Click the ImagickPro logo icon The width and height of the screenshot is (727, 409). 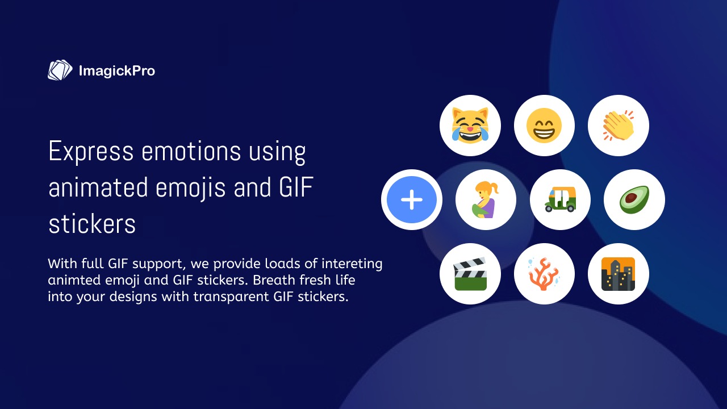pyautogui.click(x=60, y=70)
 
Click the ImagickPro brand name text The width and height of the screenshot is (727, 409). pyautogui.click(x=117, y=71)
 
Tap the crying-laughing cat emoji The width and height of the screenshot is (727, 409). pyautogui.click(x=470, y=126)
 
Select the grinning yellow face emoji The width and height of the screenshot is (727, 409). pyautogui.click(x=544, y=126)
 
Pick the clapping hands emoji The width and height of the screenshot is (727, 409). pyautogui.click(x=619, y=126)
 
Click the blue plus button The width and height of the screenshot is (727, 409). pyautogui.click(x=412, y=199)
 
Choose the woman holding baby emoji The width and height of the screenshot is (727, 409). pyautogui.click(x=486, y=199)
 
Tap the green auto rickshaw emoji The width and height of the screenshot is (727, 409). pyautogui.click(x=560, y=199)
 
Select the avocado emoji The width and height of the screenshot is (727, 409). pyautogui.click(x=634, y=199)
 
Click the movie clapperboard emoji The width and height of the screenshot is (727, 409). pyautogui.click(x=470, y=274)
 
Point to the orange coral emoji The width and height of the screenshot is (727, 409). pyautogui.click(x=544, y=274)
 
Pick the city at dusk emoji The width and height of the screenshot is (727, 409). pyautogui.click(x=618, y=274)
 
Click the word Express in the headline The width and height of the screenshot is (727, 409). pyautogui.click(x=91, y=151)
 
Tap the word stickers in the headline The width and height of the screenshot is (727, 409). pyautogui.click(x=92, y=224)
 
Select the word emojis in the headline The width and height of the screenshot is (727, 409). pyautogui.click(x=190, y=188)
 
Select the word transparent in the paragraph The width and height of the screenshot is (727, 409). pyautogui.click(x=231, y=297)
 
